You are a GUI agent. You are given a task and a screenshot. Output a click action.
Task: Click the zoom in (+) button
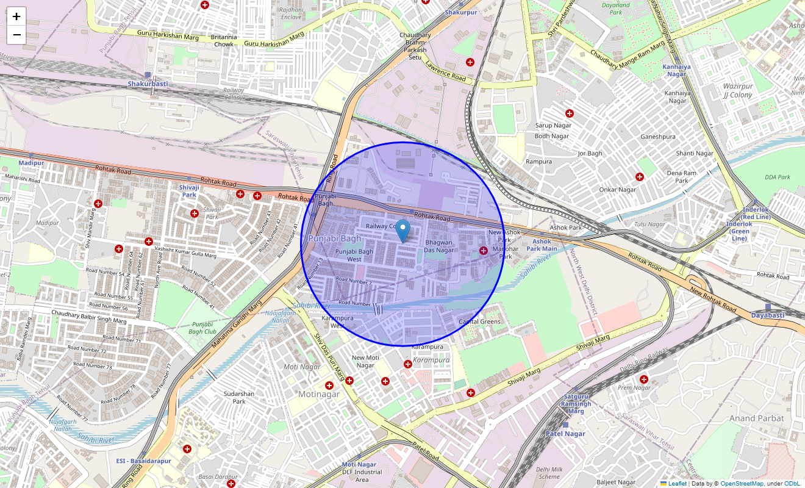point(16,16)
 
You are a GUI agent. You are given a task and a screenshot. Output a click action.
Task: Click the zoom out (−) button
point(16,35)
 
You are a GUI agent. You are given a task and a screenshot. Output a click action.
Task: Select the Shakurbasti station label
point(148,83)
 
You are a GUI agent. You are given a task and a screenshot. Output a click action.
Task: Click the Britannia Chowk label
point(223,40)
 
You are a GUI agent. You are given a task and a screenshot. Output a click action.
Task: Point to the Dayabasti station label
point(768,315)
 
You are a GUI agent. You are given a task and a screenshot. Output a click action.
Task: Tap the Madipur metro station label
point(31,163)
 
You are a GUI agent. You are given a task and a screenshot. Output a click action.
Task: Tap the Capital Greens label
point(479,321)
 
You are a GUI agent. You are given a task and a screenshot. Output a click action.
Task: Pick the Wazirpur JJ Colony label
point(737,90)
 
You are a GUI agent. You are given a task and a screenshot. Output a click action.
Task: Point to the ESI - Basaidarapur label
point(144,461)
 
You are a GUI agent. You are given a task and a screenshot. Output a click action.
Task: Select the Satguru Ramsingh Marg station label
point(576,404)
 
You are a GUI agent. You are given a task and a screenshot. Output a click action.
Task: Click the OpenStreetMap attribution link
point(742,483)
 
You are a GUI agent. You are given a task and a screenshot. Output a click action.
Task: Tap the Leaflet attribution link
point(677,483)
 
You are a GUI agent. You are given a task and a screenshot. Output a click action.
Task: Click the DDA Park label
point(777,177)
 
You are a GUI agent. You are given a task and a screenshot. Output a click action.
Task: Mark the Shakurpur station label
point(461,12)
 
